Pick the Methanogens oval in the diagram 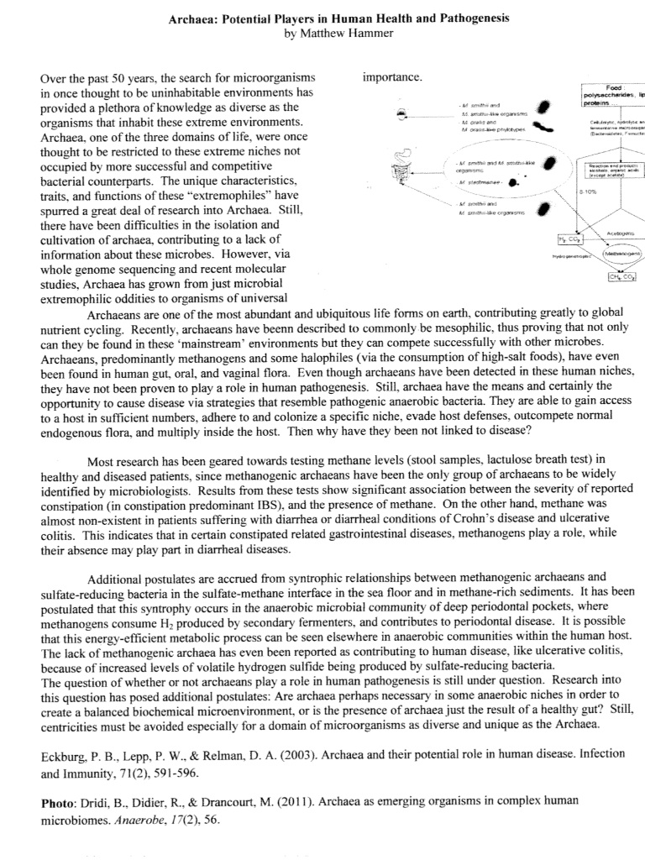[620, 252]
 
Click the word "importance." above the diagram [392, 77]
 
